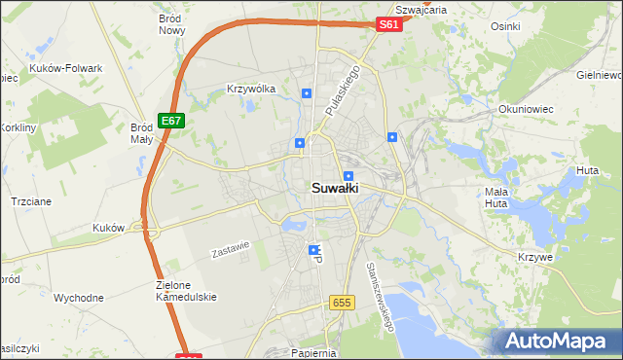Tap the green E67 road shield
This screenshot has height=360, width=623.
tap(171, 120)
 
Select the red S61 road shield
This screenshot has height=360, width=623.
tap(388, 24)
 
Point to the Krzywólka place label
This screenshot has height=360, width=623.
tap(251, 89)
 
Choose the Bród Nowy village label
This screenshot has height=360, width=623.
tap(171, 24)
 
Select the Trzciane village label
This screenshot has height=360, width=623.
tap(30, 199)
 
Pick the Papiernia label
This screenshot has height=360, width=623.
tap(313, 353)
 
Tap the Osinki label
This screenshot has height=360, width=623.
tap(507, 26)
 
